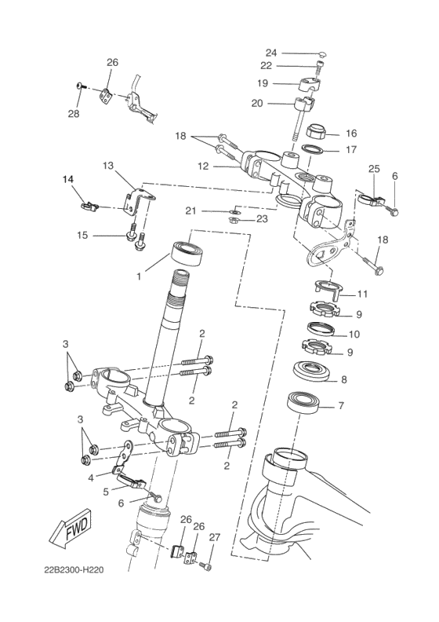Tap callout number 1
pos(139,276)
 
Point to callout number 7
pos(340,405)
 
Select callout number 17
pos(351,149)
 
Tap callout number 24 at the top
pos(271,53)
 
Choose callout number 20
pos(257,102)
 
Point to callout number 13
pos(108,166)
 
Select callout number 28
pos(74,114)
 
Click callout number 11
pos(362,295)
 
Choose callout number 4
pos(91,477)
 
